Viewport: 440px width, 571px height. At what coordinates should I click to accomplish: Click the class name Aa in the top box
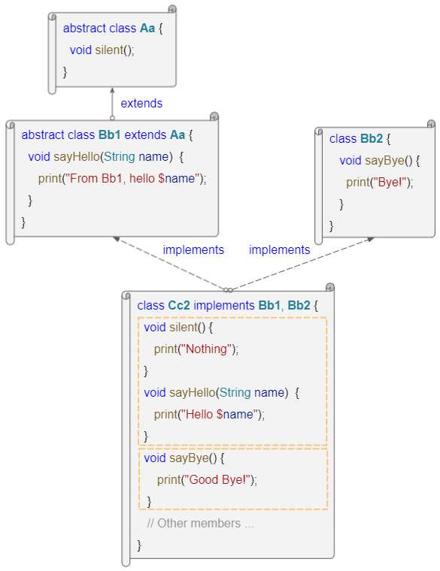point(147,28)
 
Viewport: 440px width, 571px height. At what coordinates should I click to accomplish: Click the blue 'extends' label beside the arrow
point(141,104)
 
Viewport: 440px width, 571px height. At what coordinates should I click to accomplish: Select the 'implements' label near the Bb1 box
point(193,249)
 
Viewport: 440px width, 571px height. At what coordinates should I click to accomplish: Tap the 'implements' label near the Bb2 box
point(279,249)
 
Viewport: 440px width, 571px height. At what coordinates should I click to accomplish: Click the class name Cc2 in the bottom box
point(178,305)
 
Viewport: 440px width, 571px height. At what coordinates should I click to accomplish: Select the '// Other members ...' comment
point(200,524)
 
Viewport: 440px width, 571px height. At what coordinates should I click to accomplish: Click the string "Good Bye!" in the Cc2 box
point(218,480)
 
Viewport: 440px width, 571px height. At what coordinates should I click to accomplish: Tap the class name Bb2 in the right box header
point(372,139)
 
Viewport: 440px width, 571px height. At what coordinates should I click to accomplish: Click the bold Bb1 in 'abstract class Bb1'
point(109,134)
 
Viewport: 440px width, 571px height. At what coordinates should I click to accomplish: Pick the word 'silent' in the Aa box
point(109,50)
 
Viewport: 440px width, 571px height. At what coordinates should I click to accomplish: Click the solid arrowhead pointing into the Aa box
point(112,90)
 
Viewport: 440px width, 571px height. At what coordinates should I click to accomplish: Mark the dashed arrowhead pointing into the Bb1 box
point(117,239)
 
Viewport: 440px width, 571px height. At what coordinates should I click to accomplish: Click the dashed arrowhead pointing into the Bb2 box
point(371,239)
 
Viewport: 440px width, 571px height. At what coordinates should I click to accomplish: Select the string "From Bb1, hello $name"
point(132,179)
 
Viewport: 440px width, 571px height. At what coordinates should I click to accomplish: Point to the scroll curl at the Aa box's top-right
point(172,9)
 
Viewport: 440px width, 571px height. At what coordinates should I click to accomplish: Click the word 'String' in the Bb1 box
point(120,156)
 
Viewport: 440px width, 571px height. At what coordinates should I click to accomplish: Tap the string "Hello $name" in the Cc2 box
point(220,415)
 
